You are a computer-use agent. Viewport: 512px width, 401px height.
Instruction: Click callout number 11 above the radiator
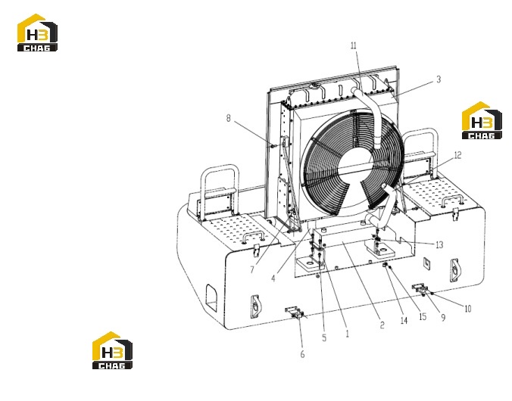[354, 45]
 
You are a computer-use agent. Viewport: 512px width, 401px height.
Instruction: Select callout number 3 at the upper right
[439, 79]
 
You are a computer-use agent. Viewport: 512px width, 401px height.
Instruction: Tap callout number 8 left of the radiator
[228, 118]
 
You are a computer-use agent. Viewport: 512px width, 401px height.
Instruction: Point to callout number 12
[457, 155]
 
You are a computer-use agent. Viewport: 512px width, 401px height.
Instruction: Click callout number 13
[439, 244]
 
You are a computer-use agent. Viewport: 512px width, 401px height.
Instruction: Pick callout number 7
[252, 270]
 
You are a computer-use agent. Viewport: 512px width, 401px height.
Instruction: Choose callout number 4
[273, 278]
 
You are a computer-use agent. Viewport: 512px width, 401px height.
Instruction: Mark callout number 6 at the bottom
[302, 354]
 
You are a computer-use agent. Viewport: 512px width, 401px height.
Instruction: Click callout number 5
[324, 337]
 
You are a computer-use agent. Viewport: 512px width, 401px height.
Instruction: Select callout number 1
[347, 334]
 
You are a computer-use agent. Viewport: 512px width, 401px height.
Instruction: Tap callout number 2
[382, 325]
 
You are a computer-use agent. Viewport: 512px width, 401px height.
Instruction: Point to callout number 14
[404, 321]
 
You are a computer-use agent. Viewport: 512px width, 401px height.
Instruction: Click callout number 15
[423, 316]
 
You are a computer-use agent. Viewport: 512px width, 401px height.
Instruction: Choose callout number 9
[443, 318]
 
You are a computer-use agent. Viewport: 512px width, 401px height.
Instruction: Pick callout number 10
[467, 309]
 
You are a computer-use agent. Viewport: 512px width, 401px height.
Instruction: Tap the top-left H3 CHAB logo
[37, 33]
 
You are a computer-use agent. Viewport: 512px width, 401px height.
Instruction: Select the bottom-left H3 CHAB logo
[112, 350]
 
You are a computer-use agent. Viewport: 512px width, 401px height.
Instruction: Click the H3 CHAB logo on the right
[482, 120]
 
